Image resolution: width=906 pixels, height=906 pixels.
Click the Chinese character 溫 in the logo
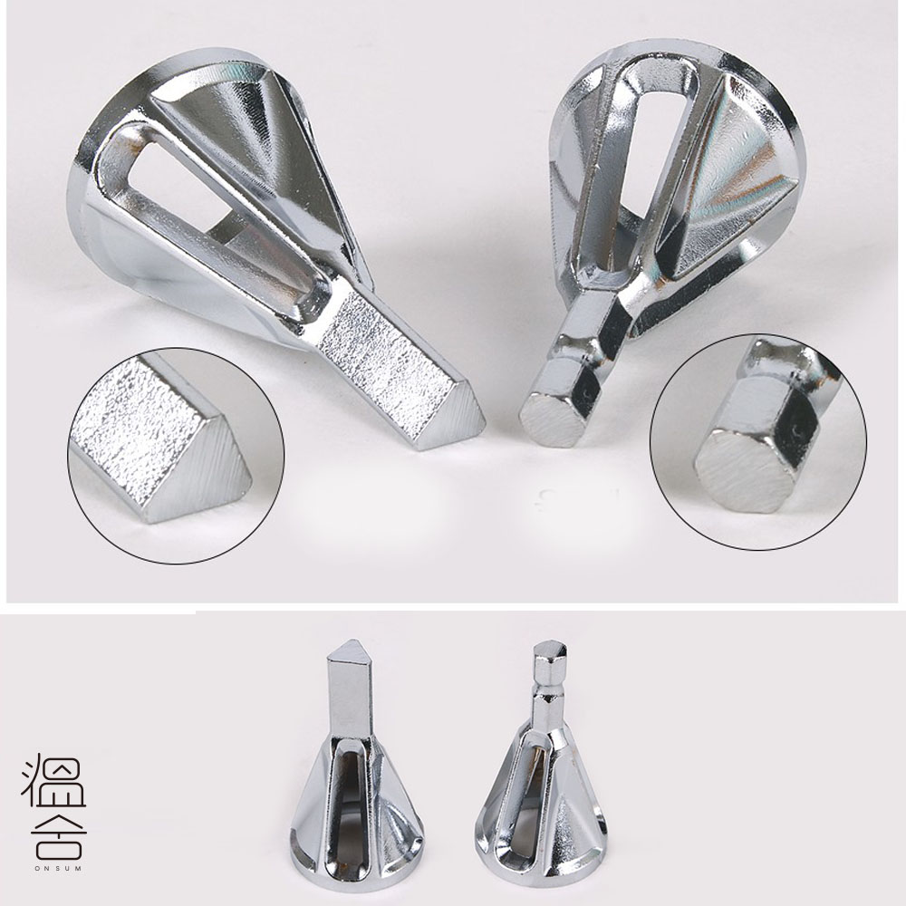[53, 780]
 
